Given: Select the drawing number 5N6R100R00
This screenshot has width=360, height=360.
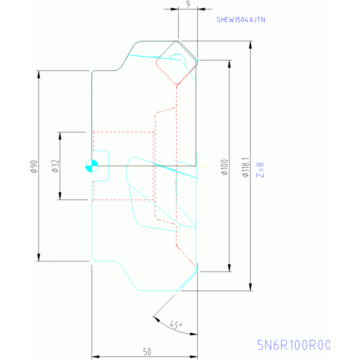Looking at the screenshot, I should pyautogui.click(x=294, y=345).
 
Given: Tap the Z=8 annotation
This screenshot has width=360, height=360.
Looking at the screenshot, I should pyautogui.click(x=260, y=169).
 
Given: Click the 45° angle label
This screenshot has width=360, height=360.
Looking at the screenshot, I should pyautogui.click(x=176, y=325).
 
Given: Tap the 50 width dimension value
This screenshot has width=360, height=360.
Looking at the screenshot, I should pyautogui.click(x=147, y=351).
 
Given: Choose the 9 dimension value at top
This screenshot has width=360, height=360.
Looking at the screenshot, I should pyautogui.click(x=188, y=4).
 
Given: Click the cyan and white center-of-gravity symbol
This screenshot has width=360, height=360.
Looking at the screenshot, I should pyautogui.click(x=91, y=165).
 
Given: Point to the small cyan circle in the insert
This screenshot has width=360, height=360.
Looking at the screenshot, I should pyautogui.click(x=177, y=58).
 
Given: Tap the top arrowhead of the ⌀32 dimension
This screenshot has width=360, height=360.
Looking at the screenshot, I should pyautogui.click(x=60, y=136).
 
